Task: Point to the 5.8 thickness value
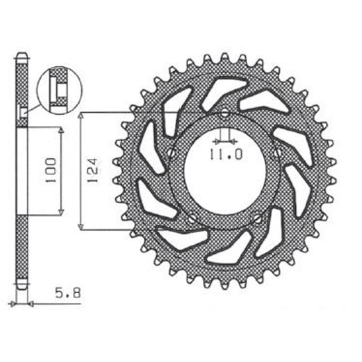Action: tap(68, 293)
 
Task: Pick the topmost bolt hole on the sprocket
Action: tap(225, 114)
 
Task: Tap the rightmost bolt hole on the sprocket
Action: tap(277, 153)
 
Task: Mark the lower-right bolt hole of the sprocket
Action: tap(257, 219)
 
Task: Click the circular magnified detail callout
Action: tap(59, 91)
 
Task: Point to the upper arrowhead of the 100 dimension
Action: tap(61, 130)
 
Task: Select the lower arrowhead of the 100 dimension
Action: tap(61, 213)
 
